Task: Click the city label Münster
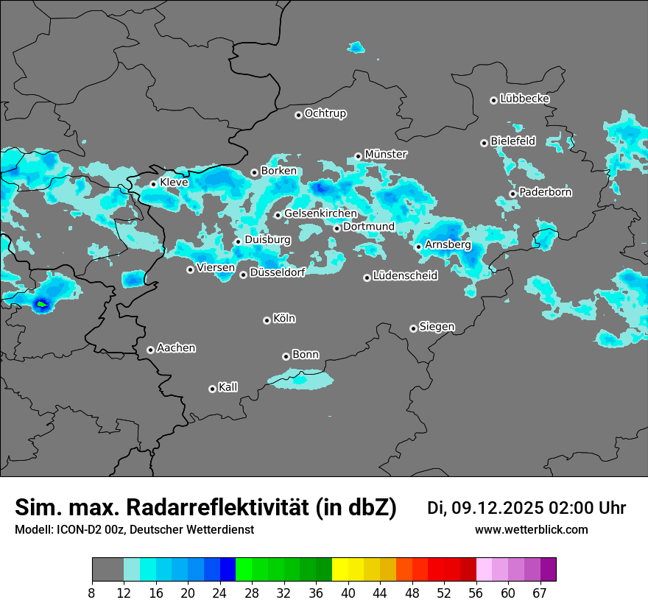click(x=385, y=155)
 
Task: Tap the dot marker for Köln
click(x=267, y=320)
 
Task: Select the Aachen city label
click(x=176, y=348)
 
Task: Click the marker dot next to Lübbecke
click(x=493, y=100)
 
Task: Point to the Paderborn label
click(x=545, y=193)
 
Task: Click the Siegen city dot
click(x=413, y=328)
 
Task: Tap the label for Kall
click(x=228, y=387)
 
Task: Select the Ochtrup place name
click(x=325, y=114)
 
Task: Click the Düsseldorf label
click(x=277, y=272)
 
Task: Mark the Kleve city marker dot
click(x=153, y=184)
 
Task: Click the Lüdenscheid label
click(x=405, y=276)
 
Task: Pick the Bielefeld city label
click(x=513, y=141)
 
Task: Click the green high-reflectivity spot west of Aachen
click(x=42, y=303)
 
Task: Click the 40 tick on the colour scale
click(x=348, y=593)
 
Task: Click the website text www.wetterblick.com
click(x=531, y=530)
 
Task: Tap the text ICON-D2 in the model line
click(x=75, y=530)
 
